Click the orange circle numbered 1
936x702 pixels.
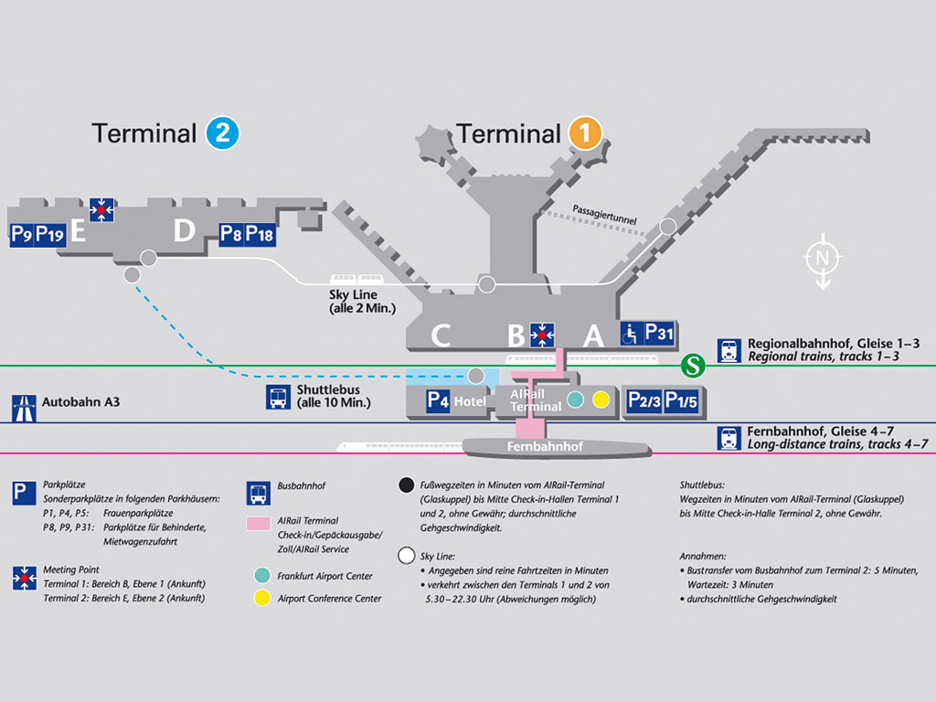[x=585, y=133]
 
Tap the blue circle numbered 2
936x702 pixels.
[x=222, y=133]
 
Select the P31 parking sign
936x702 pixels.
[x=659, y=334]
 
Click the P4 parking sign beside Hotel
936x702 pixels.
[x=439, y=400]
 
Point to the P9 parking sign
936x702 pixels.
[x=22, y=234]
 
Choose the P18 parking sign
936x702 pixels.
[x=260, y=234]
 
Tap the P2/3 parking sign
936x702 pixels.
[x=642, y=400]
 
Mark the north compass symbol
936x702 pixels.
[x=822, y=260]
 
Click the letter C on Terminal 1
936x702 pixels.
[x=441, y=335]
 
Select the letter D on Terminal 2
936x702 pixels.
[x=185, y=231]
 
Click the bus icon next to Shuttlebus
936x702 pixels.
[x=277, y=398]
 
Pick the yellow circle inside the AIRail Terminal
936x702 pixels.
[x=601, y=399]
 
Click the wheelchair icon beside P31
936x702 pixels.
[x=632, y=334]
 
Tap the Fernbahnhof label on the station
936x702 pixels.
[x=545, y=447]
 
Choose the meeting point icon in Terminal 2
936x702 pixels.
[x=101, y=210]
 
